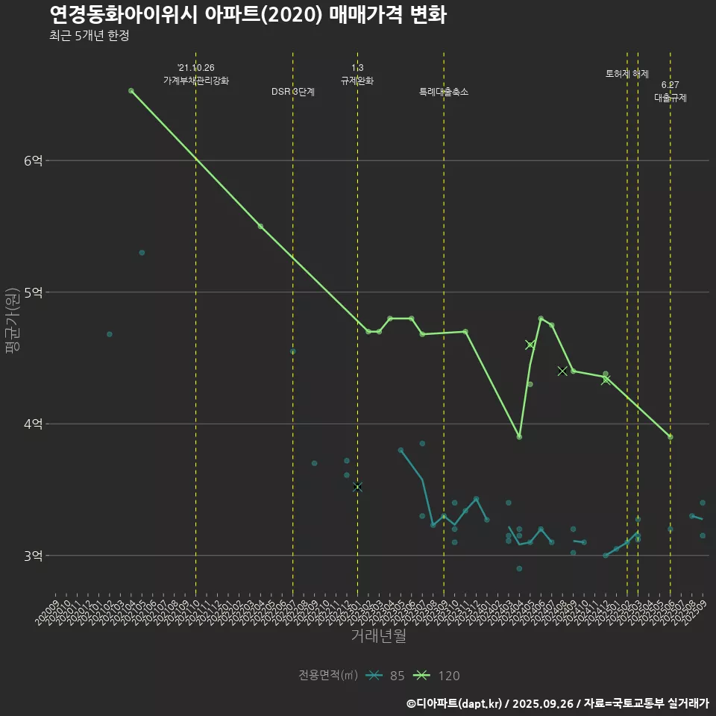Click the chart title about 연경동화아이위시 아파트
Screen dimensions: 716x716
[248, 15]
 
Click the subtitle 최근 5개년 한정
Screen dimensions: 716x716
[89, 36]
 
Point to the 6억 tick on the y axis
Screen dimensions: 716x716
[34, 160]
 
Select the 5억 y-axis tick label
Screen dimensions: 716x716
[34, 292]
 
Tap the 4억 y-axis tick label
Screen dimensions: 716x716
[34, 424]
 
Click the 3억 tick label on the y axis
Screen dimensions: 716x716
[34, 556]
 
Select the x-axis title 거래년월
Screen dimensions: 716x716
[378, 636]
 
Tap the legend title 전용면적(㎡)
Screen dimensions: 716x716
[328, 676]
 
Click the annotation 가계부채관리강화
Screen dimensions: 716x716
[196, 80]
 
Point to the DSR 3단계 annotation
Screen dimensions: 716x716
[293, 92]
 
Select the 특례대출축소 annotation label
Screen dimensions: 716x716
[444, 92]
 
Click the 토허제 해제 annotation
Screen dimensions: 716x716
[627, 74]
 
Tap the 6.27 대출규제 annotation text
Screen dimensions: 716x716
[671, 91]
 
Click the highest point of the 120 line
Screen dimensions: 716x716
[131, 91]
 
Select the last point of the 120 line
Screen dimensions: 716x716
[671, 437]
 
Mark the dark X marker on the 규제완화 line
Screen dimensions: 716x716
[357, 487]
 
